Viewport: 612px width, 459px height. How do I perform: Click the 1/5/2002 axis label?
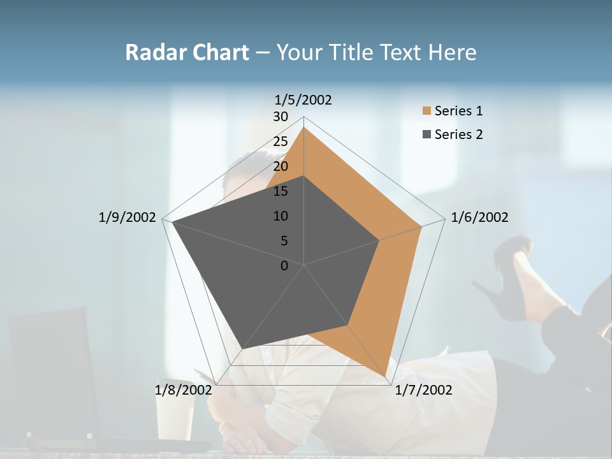pyautogui.click(x=303, y=99)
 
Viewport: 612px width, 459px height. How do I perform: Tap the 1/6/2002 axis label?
pyautogui.click(x=479, y=217)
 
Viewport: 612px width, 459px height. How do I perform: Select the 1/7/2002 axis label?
pyautogui.click(x=423, y=390)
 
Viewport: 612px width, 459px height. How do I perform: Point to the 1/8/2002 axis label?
pyautogui.click(x=183, y=390)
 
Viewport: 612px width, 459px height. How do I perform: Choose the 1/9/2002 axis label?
pyautogui.click(x=127, y=217)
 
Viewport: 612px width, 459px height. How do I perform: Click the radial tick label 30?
pyautogui.click(x=280, y=117)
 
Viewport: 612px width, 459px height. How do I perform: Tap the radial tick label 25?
pyautogui.click(x=280, y=142)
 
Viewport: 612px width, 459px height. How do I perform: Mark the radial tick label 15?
pyautogui.click(x=280, y=191)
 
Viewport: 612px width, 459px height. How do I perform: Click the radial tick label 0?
pyautogui.click(x=284, y=266)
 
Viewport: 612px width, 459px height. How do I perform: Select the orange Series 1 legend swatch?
pyautogui.click(x=426, y=111)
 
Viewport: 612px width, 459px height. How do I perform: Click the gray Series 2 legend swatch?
pyautogui.click(x=426, y=135)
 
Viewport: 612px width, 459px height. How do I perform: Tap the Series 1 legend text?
pyautogui.click(x=458, y=111)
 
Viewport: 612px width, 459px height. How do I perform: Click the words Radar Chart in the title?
pyautogui.click(x=187, y=52)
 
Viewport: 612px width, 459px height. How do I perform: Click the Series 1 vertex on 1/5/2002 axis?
pyautogui.click(x=303, y=127)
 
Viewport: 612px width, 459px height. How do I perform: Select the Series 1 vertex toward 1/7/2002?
pyautogui.click(x=386, y=376)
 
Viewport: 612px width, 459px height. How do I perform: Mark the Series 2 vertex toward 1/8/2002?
pyautogui.click(x=242, y=349)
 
